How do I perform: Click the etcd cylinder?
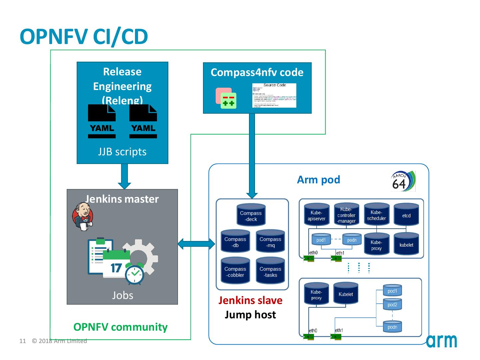(406, 215)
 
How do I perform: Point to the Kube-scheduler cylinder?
(376, 215)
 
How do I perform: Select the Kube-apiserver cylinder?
(316, 215)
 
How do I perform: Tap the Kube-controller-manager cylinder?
(346, 215)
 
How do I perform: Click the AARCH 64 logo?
(403, 181)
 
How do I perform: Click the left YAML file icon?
(102, 122)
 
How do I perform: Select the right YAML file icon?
(143, 122)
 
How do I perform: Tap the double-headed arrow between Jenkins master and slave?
(196, 244)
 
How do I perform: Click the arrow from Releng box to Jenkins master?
(124, 176)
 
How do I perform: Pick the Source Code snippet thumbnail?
(274, 95)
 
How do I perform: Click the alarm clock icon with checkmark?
(135, 274)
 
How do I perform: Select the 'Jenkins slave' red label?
(250, 300)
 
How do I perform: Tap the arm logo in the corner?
(441, 340)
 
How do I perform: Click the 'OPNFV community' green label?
(120, 327)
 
